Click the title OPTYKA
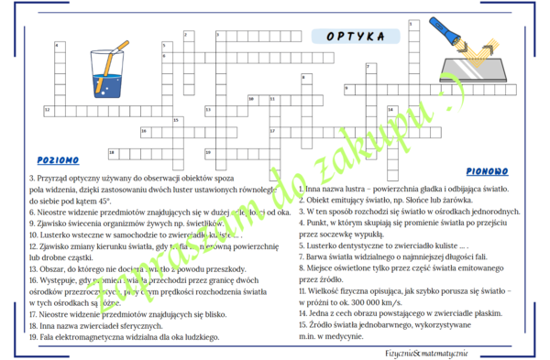[x=355, y=37]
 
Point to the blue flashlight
[x=450, y=38]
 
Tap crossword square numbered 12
[x=48, y=110]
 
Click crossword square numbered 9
[x=348, y=89]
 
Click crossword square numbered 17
[x=273, y=131]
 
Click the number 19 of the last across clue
[x=34, y=337]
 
